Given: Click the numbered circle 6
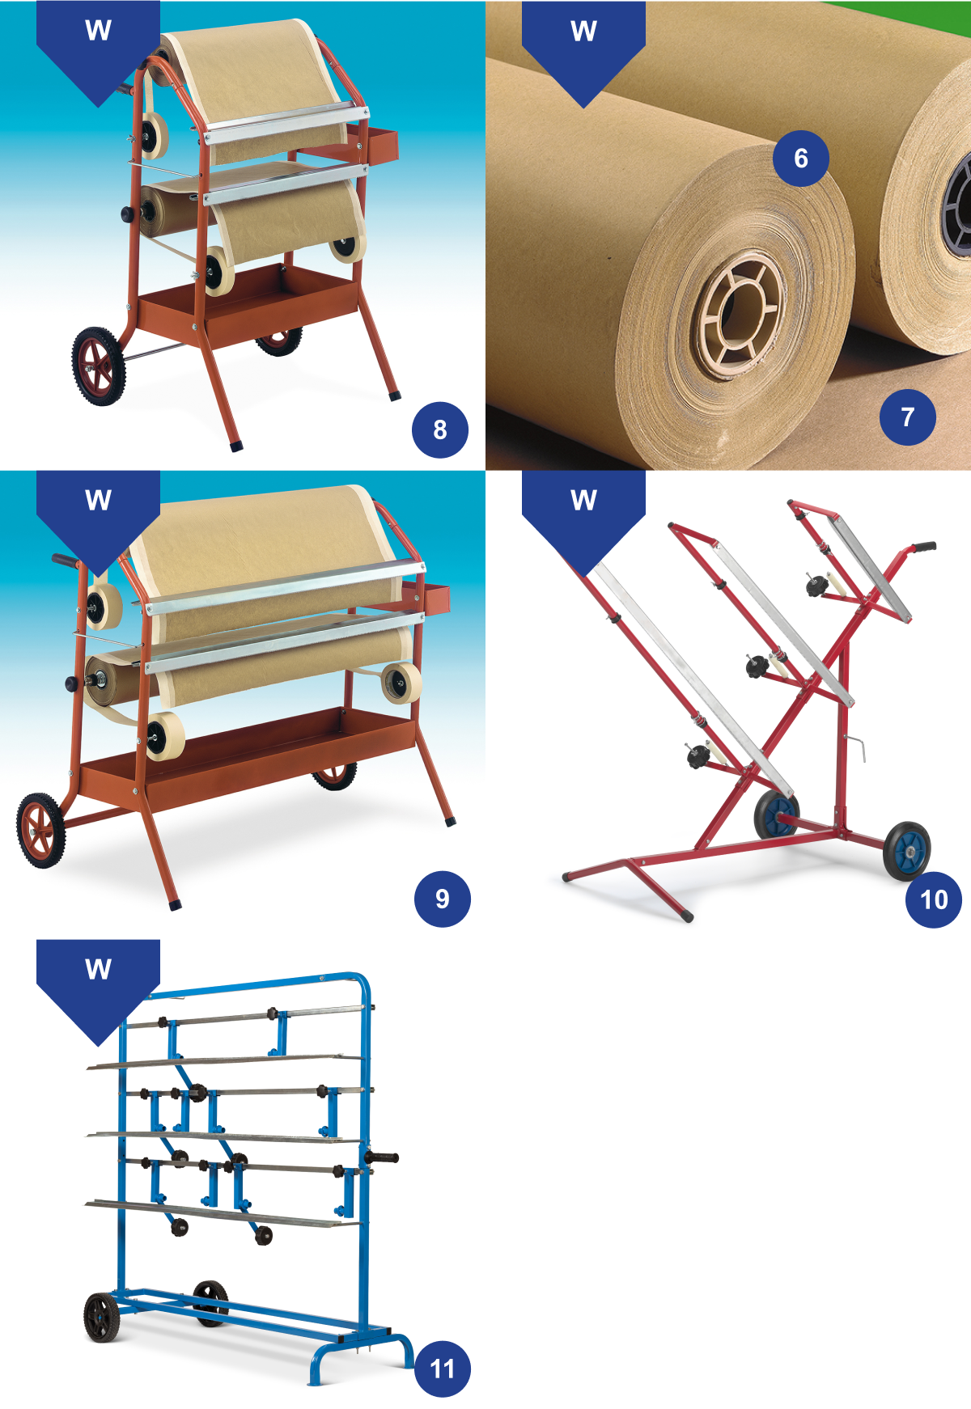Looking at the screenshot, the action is (x=801, y=158).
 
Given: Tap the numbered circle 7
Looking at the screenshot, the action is (x=908, y=417).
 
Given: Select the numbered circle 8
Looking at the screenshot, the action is (x=440, y=429).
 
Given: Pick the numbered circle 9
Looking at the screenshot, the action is (x=442, y=899).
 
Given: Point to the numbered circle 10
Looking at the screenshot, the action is (x=934, y=899).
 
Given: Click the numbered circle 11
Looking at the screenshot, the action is (x=442, y=1369).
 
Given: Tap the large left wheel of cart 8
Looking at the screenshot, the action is (x=99, y=366).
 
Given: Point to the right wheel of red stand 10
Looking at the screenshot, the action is (x=907, y=851).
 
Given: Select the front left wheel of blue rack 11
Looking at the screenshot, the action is (x=102, y=1318).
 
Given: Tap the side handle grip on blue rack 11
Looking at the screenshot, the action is (x=382, y=1158).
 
